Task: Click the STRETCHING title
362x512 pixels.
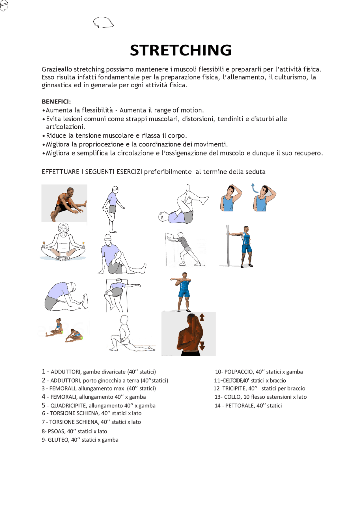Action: (181, 50)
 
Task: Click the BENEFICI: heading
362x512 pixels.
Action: (56, 101)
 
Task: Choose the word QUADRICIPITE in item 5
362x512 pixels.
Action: (68, 406)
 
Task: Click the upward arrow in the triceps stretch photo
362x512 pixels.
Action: (202, 317)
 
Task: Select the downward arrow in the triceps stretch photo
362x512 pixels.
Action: (202, 345)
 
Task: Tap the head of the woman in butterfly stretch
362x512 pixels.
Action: (63, 228)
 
